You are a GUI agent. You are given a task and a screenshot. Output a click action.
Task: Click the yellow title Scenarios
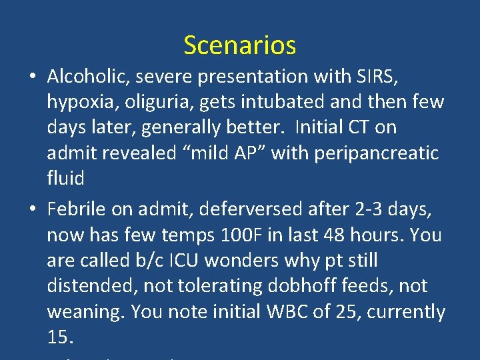point(239,45)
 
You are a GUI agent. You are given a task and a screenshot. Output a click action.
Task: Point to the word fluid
point(65,178)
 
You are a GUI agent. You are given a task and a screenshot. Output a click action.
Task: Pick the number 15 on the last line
point(59,337)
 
